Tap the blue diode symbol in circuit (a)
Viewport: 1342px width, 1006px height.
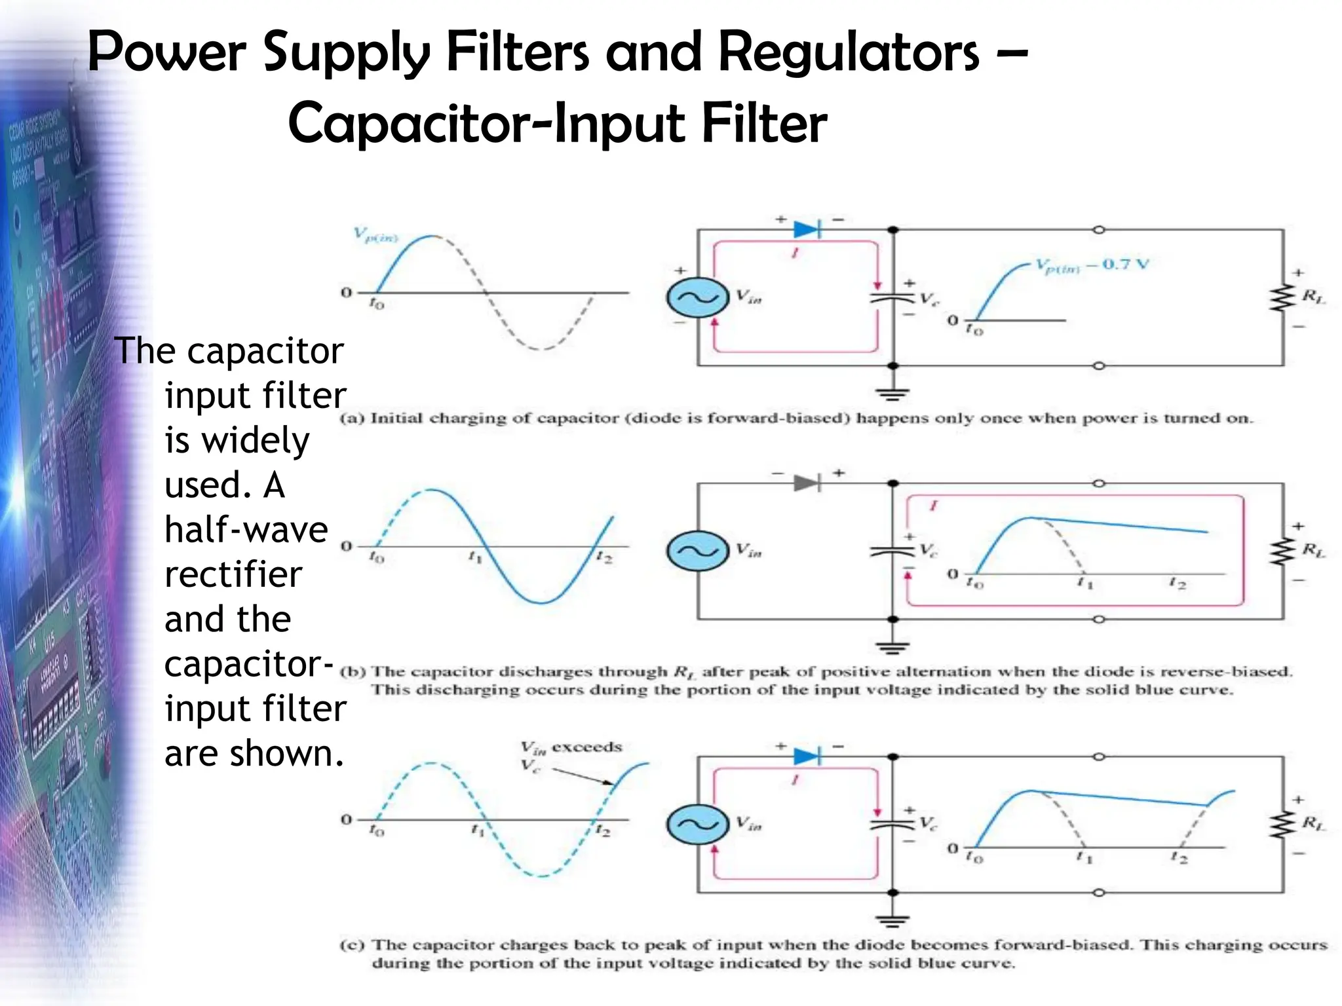click(x=807, y=230)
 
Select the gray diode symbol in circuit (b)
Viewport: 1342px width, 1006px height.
click(x=807, y=483)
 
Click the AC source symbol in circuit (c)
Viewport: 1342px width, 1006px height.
click(x=698, y=824)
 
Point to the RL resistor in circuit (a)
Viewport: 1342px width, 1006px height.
click(x=1282, y=297)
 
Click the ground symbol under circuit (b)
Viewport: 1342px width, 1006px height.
click(x=892, y=648)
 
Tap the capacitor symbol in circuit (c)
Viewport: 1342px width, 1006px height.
click(x=892, y=824)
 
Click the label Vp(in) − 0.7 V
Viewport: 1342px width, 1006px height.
click(x=1092, y=265)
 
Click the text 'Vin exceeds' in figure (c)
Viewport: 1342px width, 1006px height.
click(x=571, y=747)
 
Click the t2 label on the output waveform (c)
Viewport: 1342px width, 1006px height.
click(x=1178, y=857)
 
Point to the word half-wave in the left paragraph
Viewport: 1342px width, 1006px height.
click(x=246, y=529)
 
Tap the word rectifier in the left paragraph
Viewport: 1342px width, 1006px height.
click(x=233, y=574)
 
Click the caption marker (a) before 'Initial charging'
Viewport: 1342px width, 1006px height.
click(x=351, y=418)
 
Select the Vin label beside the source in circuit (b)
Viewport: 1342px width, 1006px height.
click(x=748, y=550)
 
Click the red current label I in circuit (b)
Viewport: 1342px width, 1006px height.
click(x=933, y=506)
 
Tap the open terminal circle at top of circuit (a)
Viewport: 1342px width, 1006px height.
click(x=1099, y=230)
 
